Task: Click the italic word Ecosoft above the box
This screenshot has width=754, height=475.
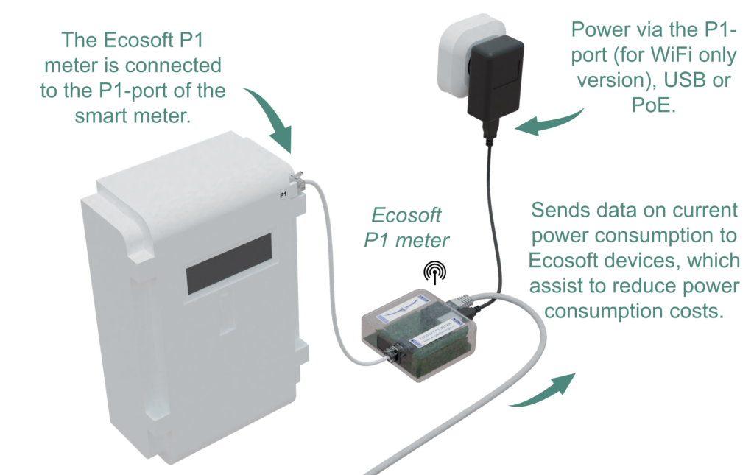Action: [406, 215]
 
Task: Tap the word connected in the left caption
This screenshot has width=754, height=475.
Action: [173, 66]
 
